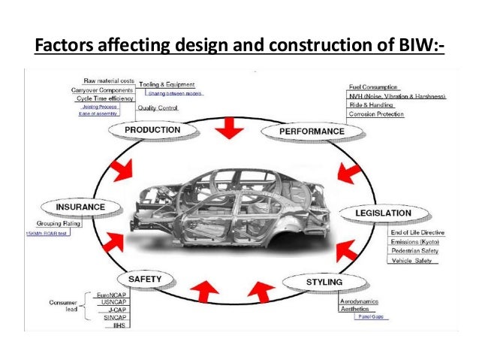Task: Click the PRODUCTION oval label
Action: point(152,130)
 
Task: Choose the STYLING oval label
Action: point(324,283)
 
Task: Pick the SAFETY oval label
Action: point(144,280)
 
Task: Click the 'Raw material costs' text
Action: point(107,80)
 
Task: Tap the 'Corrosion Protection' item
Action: point(378,115)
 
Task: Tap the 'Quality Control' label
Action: point(158,108)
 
